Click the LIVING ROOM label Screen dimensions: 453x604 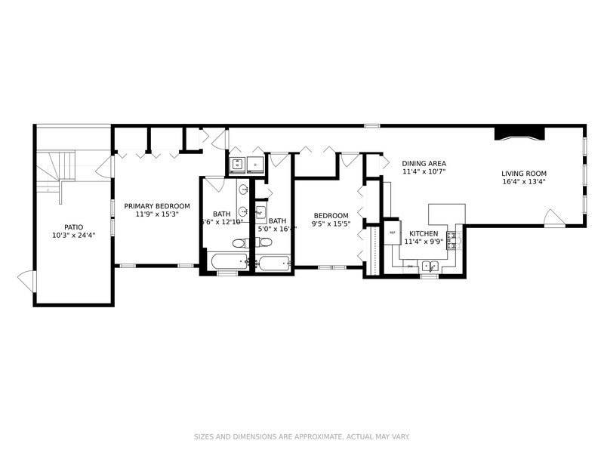tap(523, 173)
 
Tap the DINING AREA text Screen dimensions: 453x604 tap(424, 163)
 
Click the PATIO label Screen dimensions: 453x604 tap(73, 226)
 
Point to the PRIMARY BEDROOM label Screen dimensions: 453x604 tap(157, 205)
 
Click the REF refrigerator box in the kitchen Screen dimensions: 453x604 tap(393, 233)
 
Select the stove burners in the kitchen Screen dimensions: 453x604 tap(452, 241)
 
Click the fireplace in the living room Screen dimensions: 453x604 tap(519, 134)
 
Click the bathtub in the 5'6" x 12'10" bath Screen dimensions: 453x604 tap(227, 262)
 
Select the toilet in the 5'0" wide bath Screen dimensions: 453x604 tap(263, 242)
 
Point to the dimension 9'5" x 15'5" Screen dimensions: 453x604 tap(331, 224)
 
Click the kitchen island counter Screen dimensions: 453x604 tap(445, 213)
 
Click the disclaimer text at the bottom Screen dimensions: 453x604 tap(302, 436)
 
